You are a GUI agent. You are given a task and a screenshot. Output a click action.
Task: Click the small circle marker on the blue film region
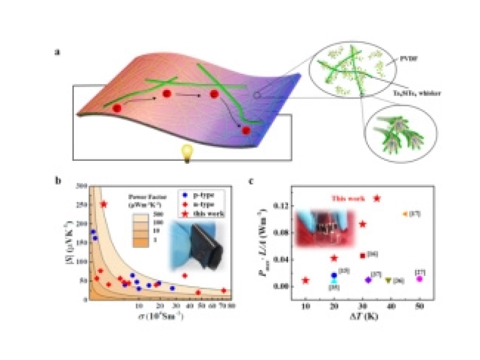click(256, 94)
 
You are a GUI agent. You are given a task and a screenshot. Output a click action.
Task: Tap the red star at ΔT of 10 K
click(306, 280)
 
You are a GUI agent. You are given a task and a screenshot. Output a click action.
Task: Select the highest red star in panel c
click(377, 199)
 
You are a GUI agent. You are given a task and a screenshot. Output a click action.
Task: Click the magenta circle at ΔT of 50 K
click(419, 278)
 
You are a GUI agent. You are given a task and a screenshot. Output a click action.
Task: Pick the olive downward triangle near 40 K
click(388, 280)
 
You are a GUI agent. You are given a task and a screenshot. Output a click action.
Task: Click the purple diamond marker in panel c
click(368, 280)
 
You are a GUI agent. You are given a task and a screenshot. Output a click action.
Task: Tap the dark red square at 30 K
click(362, 256)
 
